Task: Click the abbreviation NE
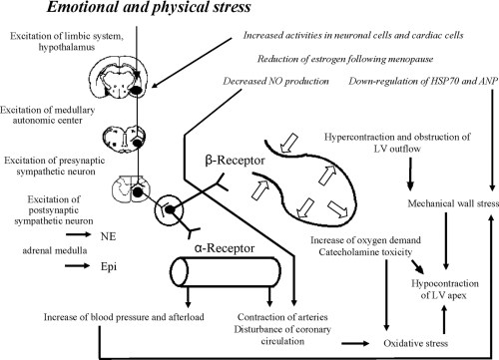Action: pos(107,208)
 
